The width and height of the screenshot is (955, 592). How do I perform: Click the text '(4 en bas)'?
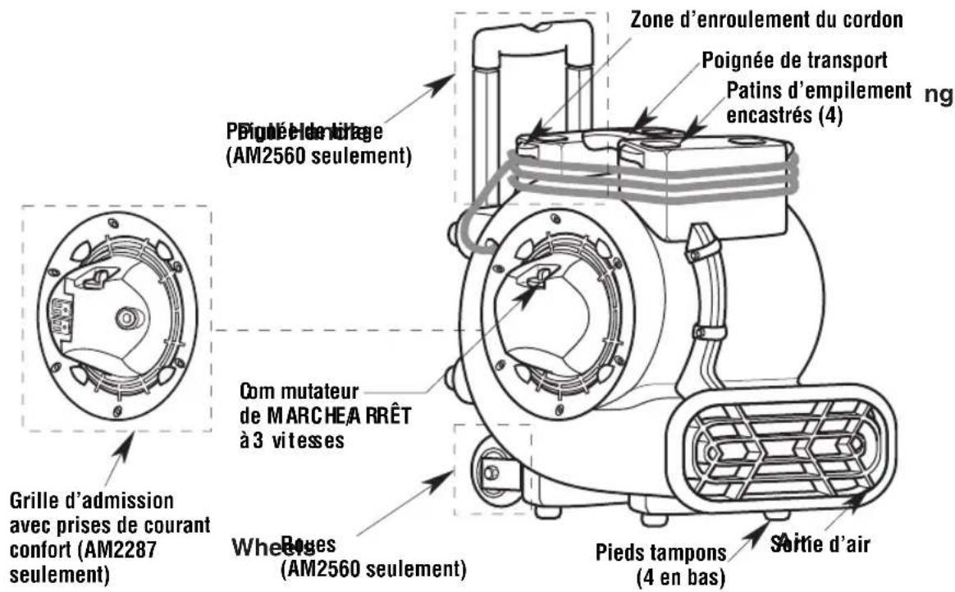[x=680, y=577]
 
